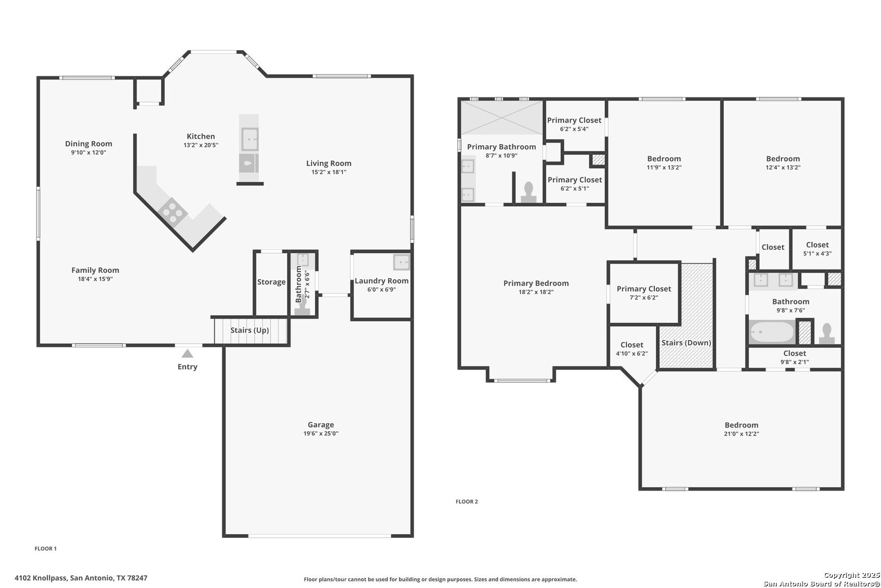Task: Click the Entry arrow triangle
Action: pos(188,354)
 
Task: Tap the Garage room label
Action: pos(320,425)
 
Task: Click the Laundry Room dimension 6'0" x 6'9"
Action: pos(382,290)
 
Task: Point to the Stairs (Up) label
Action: pos(250,330)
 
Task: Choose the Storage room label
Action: pos(271,282)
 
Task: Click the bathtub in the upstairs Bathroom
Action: pos(772,332)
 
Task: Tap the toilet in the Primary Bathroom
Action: pos(529,193)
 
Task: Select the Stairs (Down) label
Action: pos(686,342)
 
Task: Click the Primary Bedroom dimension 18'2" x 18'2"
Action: pos(536,292)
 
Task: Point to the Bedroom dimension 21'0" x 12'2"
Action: pos(741,434)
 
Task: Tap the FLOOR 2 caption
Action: pos(467,501)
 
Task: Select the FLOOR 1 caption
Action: pos(46,548)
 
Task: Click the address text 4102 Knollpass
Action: pos(40,578)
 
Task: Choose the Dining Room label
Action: pos(89,144)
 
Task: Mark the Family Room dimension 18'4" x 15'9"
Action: pos(95,279)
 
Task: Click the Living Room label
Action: pos(329,163)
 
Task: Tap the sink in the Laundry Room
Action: pos(401,262)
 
